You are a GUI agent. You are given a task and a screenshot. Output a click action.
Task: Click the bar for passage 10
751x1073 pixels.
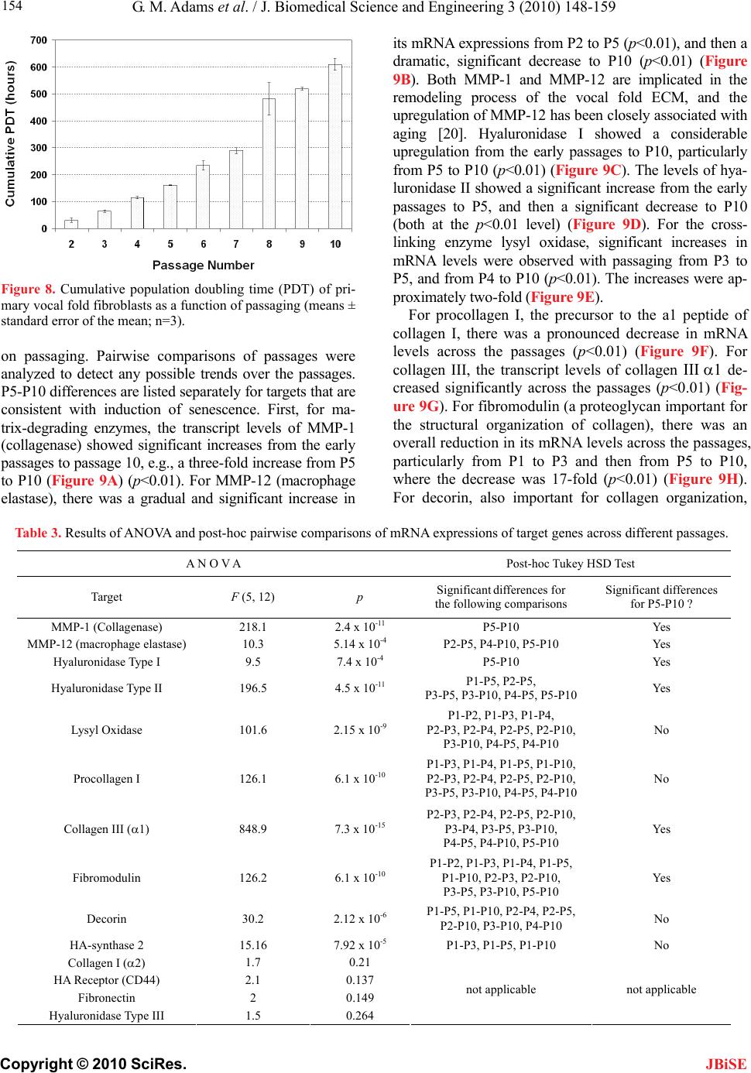[x=334, y=146]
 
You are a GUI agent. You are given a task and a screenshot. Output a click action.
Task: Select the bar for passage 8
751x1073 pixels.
[x=269, y=163]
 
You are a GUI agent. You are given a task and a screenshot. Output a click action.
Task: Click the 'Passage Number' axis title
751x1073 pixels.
[x=203, y=265]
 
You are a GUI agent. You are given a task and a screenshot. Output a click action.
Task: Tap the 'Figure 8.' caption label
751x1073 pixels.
[x=27, y=291]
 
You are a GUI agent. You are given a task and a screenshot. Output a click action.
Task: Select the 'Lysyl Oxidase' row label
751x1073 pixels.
[x=106, y=730]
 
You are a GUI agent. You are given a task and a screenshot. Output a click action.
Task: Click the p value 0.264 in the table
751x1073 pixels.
[x=358, y=1016]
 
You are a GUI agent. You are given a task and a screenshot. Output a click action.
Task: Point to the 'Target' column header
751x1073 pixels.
[x=106, y=597]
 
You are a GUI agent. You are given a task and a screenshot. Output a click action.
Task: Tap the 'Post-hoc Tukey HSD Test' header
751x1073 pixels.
[x=570, y=564]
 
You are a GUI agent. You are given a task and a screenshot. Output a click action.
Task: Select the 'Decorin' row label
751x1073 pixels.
[x=106, y=919]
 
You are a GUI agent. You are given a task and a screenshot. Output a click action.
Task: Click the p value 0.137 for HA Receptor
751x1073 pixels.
[x=358, y=980]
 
